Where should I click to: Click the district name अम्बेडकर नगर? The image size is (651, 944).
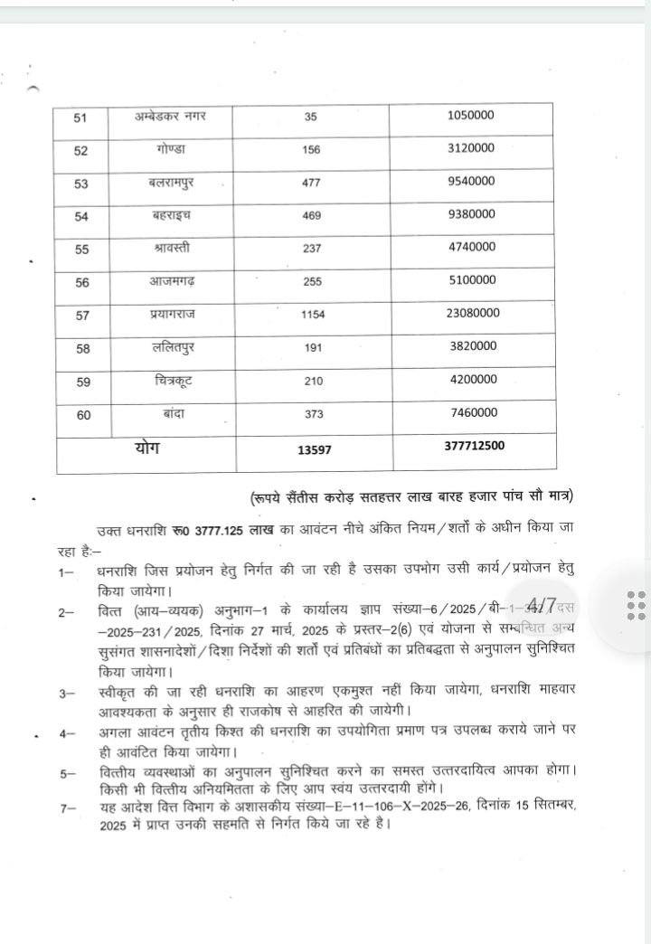coord(171,118)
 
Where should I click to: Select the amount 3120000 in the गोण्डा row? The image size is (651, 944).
coord(471,148)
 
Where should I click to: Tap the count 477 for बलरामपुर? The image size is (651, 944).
coord(312,183)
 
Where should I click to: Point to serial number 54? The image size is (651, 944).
coord(81,217)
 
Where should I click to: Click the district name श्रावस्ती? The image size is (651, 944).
coord(171,247)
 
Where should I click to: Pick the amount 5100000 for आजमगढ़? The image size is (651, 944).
coord(471,280)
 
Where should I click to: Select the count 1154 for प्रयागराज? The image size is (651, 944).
coord(312,315)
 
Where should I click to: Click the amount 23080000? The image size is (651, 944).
coord(471,313)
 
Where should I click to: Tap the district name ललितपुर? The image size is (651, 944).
coord(171,346)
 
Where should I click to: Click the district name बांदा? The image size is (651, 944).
coord(171,411)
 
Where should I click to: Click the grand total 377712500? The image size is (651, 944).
coord(475,446)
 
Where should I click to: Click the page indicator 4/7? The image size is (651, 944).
coord(542,603)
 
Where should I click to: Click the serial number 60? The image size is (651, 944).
coord(81,413)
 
